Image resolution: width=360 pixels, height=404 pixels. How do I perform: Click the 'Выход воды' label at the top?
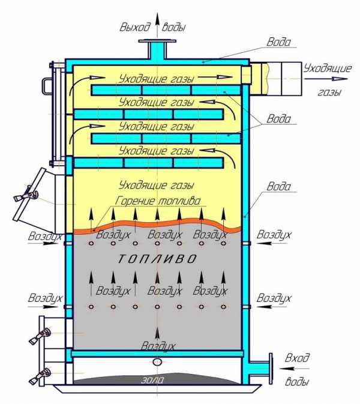pyautogui.click(x=152, y=27)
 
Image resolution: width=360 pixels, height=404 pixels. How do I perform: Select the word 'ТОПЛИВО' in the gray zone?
pyautogui.click(x=157, y=259)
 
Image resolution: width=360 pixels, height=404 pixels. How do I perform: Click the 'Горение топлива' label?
pyautogui.click(x=159, y=200)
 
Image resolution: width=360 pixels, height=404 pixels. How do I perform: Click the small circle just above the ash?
pyautogui.click(x=158, y=362)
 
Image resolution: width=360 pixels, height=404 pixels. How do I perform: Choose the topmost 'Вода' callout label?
pyautogui.click(x=280, y=43)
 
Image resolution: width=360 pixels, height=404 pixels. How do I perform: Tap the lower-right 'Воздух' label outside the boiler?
pyautogui.click(x=274, y=298)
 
